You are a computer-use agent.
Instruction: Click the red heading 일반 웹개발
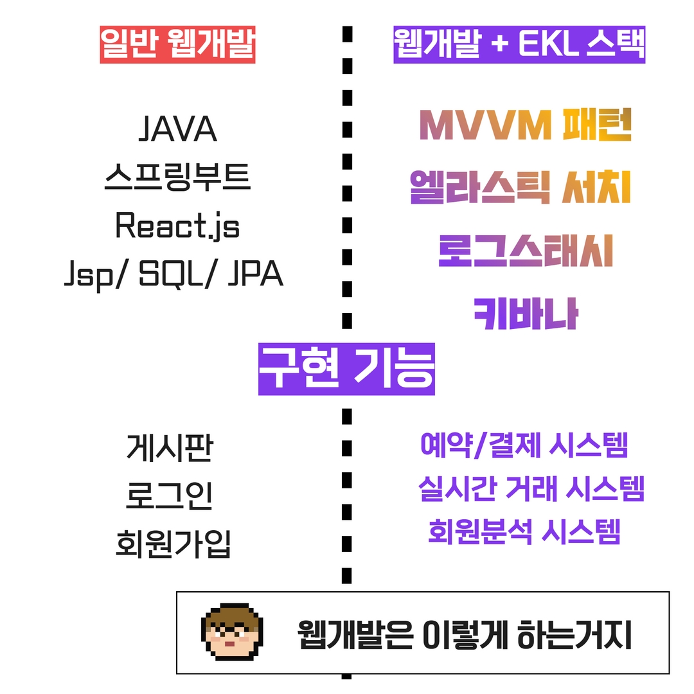click(x=177, y=44)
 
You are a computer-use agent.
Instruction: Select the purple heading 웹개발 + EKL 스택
click(x=519, y=44)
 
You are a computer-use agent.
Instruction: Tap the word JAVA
click(x=177, y=129)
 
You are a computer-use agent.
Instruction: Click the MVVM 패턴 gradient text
click(x=524, y=125)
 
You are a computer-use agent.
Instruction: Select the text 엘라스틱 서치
click(x=520, y=187)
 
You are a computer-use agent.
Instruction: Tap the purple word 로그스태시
click(x=526, y=251)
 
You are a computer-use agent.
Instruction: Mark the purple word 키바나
click(x=526, y=313)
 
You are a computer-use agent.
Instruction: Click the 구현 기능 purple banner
click(x=346, y=369)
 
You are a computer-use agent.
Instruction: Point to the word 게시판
click(x=169, y=448)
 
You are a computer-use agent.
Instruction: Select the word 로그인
click(x=169, y=496)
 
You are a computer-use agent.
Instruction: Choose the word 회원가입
click(x=173, y=544)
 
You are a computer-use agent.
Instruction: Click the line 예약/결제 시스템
click(x=524, y=445)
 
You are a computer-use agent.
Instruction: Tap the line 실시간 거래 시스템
click(x=531, y=489)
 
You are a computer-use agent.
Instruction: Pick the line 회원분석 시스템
click(x=524, y=531)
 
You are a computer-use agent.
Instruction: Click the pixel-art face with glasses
click(x=231, y=632)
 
